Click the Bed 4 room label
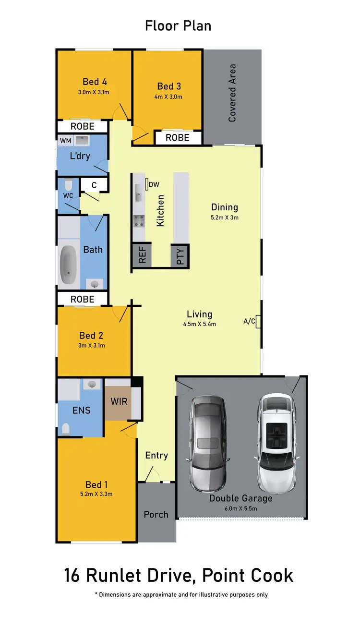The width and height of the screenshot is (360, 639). (x=95, y=81)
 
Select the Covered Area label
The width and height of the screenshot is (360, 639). (x=232, y=93)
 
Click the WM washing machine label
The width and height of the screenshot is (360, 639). (x=65, y=141)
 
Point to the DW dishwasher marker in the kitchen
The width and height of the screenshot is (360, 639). (x=146, y=184)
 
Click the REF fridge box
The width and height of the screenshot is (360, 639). (x=142, y=255)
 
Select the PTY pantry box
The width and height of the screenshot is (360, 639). (x=180, y=255)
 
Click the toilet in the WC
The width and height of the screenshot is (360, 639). (x=68, y=184)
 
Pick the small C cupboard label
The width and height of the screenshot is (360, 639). (x=94, y=185)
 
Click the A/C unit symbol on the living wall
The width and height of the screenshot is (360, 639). (x=258, y=321)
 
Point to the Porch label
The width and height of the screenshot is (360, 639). (x=156, y=514)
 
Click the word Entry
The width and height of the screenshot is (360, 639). (x=156, y=455)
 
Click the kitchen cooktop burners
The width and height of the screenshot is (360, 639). (x=139, y=221)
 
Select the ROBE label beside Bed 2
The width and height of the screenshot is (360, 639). (x=83, y=299)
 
